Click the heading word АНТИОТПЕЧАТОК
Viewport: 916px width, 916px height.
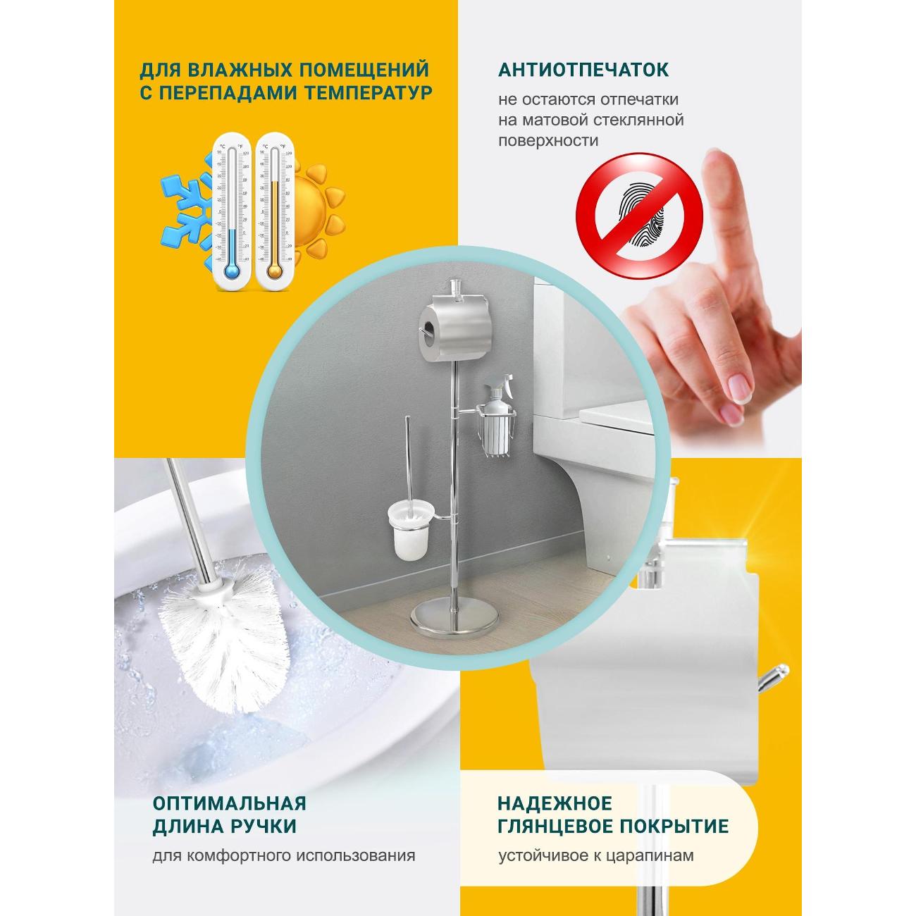click(x=583, y=69)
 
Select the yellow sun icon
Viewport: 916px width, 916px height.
click(x=313, y=209)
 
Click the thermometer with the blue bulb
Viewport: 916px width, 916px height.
click(x=232, y=211)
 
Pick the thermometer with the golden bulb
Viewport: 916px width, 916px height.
click(x=274, y=211)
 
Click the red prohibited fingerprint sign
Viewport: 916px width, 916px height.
click(x=639, y=216)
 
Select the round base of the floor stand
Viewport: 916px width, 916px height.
click(x=454, y=618)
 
